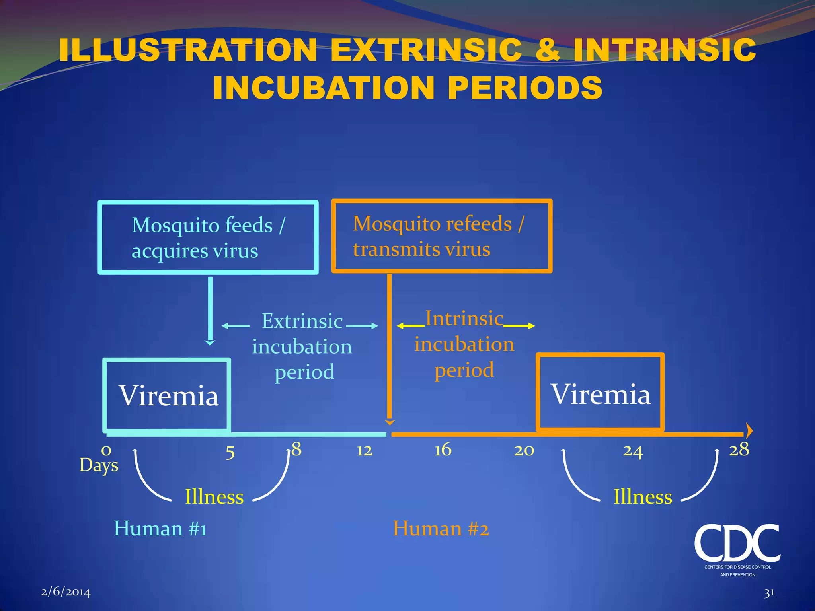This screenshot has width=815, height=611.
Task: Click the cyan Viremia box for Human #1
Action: tap(168, 395)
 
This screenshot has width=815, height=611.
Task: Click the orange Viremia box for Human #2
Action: tap(600, 393)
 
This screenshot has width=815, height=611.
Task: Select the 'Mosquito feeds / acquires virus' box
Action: tap(208, 237)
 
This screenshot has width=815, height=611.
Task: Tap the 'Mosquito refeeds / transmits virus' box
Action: tap(442, 236)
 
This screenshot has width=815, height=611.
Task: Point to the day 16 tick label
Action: tap(443, 450)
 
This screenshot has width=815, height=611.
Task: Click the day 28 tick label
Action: tap(739, 450)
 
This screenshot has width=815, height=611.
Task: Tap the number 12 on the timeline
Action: tap(364, 451)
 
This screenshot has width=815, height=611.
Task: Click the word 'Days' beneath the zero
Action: tap(99, 465)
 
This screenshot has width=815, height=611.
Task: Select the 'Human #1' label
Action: tap(160, 529)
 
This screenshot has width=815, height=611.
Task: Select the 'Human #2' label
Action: tap(441, 529)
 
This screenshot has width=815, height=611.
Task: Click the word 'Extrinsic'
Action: tap(302, 321)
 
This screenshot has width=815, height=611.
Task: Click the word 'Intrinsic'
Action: tap(464, 319)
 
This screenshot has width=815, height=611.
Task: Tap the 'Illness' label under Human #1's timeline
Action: tap(214, 497)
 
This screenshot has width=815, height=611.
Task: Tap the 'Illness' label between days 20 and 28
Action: tap(643, 497)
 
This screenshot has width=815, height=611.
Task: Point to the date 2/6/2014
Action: tap(66, 592)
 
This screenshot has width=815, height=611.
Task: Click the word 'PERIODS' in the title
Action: tap(525, 88)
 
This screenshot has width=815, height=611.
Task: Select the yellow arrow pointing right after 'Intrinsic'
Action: tap(519, 326)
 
